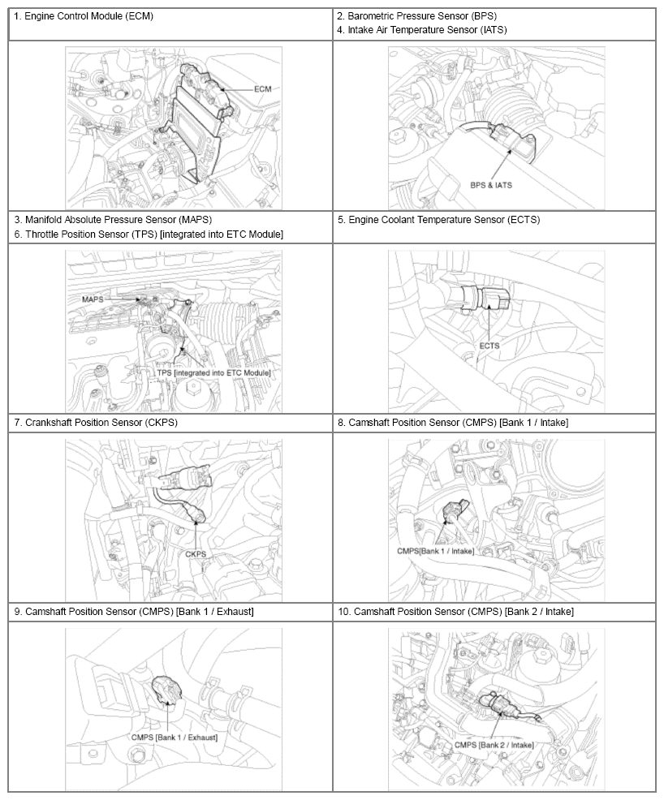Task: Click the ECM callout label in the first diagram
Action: (263, 88)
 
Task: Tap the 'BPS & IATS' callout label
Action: (491, 185)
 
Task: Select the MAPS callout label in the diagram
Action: (93, 299)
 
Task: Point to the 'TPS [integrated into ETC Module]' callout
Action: (213, 373)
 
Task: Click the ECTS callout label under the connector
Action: (489, 346)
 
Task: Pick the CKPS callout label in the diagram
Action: (196, 554)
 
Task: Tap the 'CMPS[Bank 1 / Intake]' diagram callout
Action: (436, 551)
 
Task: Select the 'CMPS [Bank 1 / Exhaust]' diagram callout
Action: (174, 738)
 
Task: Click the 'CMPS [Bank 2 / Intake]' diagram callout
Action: (494, 745)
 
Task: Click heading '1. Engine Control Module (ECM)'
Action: (84, 16)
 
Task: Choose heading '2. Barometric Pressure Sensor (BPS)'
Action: (417, 16)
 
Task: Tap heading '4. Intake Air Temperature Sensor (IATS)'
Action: (422, 30)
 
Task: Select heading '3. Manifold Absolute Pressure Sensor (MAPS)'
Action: (113, 220)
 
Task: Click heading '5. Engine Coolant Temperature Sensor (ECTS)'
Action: (438, 220)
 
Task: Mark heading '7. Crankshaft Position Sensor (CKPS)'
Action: (96, 423)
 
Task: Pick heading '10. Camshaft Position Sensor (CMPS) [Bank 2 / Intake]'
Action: (455, 611)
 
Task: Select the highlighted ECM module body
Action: (196, 123)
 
